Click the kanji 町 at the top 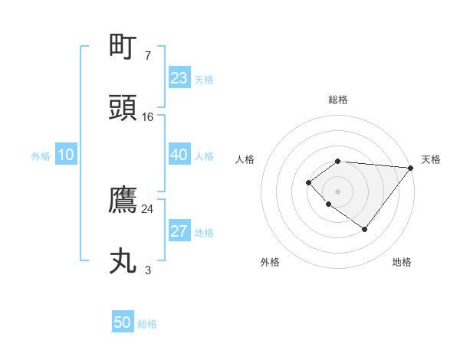point(123,47)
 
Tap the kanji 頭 point(123,108)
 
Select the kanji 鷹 point(123,200)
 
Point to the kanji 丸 point(123,261)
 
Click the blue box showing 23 point(179,78)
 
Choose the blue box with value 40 point(179,155)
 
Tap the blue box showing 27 point(179,231)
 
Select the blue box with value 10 point(66,155)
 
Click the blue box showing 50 point(123,322)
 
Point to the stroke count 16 point(148,116)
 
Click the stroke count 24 point(148,208)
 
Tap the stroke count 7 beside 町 point(148,55)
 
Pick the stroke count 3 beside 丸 point(148,270)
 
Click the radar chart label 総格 point(337,100)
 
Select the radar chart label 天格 point(431,159)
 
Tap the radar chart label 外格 point(270,262)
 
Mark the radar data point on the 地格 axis point(365,229)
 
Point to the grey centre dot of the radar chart point(337,191)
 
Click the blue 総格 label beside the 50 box point(147,324)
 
